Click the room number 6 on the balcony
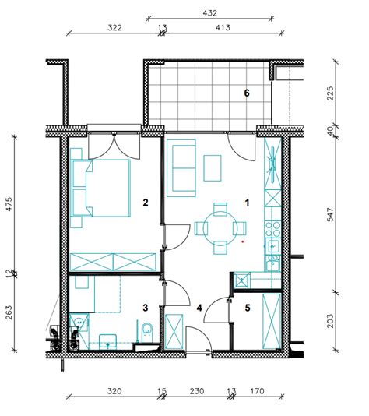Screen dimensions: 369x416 tap(247, 93)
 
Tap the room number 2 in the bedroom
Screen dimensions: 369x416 tap(146, 203)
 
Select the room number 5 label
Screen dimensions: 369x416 tap(248, 308)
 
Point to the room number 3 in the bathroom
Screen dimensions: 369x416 tap(146, 308)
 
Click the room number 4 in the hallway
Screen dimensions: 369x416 tap(199, 308)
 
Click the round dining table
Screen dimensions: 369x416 tap(220, 228)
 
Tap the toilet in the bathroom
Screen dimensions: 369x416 tap(146, 332)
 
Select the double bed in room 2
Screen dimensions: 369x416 tap(108, 188)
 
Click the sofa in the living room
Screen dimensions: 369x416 tap(181, 168)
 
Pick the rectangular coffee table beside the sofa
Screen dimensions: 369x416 tap(213, 168)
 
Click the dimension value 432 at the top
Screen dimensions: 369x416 tap(209, 13)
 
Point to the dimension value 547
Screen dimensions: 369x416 tap(330, 215)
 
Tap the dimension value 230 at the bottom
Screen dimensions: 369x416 tap(197, 391)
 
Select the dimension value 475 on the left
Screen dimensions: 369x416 tap(9, 204)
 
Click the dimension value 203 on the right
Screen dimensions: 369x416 tap(330, 321)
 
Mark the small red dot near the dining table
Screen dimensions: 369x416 tap(242, 241)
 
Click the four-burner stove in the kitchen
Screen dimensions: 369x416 tap(272, 229)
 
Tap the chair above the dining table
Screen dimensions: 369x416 tap(220, 209)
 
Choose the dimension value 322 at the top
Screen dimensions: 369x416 tap(114, 28)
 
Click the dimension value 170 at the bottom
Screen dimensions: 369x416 tap(258, 391)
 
